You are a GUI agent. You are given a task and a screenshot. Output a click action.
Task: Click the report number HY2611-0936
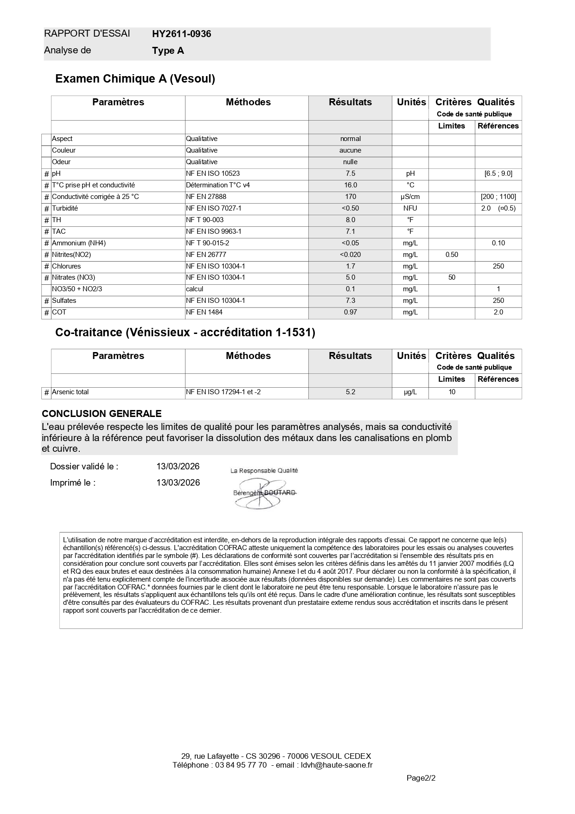pos(181,34)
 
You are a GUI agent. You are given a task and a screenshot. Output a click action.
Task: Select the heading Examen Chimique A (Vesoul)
pos(135,79)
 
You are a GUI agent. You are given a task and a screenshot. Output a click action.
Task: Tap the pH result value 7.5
pos(350,173)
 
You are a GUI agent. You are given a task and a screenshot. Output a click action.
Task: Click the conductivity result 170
pos(350,197)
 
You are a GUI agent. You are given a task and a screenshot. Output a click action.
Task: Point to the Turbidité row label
pos(65,208)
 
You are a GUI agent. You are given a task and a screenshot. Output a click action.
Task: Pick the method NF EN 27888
pos(206,197)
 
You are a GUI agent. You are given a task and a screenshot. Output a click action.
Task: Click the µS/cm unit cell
pos(410,197)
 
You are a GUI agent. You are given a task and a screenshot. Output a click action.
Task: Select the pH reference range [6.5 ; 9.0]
pos(498,173)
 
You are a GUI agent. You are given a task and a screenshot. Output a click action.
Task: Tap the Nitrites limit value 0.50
pos(452,255)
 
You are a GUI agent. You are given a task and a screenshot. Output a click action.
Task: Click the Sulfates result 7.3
pos(350,301)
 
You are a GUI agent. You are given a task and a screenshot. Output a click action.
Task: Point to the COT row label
pos(59,312)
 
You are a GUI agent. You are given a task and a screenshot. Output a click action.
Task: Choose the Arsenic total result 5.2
pos(350,392)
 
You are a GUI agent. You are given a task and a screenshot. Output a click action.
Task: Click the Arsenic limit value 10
pos(452,392)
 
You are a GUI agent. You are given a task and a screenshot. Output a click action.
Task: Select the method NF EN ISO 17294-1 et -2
pos(223,392)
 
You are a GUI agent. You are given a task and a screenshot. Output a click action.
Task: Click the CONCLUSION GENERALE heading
pos(102,414)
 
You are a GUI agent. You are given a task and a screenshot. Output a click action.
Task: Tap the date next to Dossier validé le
pos(178,467)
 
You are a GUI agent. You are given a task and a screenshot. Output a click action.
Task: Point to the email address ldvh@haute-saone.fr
pos(337,765)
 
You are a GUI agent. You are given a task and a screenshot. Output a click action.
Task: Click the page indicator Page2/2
pos(421,778)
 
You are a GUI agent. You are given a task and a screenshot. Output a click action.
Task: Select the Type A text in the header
pos(168,51)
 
